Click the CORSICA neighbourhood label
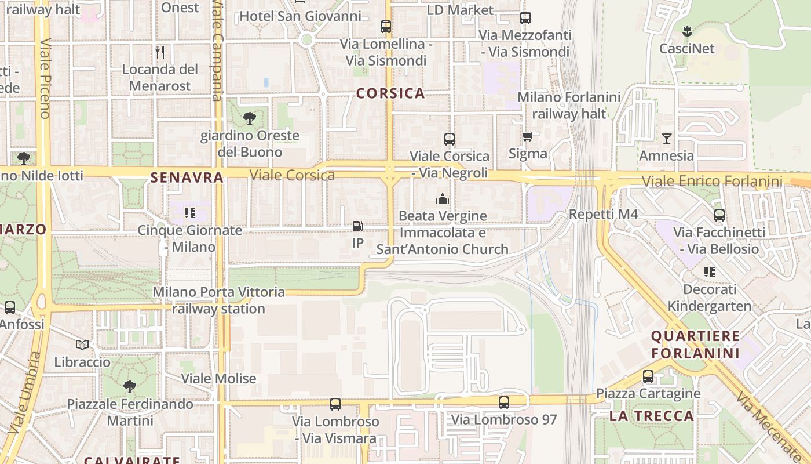click(390, 93)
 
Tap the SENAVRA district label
click(187, 177)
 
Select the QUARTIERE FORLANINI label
click(695, 345)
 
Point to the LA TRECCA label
click(651, 416)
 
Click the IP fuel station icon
click(358, 226)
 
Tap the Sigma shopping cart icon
click(527, 137)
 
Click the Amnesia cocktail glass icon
click(667, 138)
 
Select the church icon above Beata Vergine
click(443, 200)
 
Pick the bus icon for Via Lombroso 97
click(504, 402)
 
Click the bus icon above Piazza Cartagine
click(648, 376)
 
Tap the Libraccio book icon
click(82, 345)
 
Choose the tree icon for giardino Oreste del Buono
click(250, 119)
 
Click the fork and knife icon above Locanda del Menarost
click(160, 52)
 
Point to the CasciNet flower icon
click(687, 31)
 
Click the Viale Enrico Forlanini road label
click(712, 182)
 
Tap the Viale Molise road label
click(218, 379)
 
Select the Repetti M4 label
click(603, 214)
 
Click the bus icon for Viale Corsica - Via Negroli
click(450, 139)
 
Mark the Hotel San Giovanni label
click(300, 16)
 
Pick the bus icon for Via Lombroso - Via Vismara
click(335, 404)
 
